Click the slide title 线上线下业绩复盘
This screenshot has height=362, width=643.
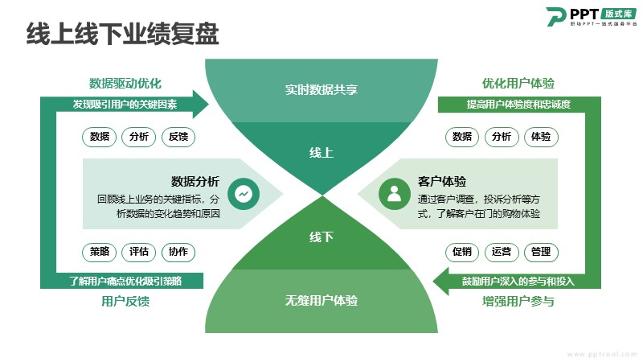(x=123, y=34)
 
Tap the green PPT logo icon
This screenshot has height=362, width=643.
(x=555, y=17)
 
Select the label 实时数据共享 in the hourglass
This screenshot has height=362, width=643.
(x=321, y=89)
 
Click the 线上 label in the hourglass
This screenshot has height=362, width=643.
(x=321, y=153)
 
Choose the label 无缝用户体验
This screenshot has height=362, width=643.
(x=321, y=301)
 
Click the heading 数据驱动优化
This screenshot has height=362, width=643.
(x=125, y=84)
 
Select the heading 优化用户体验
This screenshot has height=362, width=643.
(x=518, y=84)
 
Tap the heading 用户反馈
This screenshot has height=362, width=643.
(x=125, y=302)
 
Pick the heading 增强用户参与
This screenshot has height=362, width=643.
(x=518, y=302)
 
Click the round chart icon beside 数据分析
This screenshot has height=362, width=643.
(x=243, y=193)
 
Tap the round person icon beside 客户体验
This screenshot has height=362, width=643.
(x=394, y=193)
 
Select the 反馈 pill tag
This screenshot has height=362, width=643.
(x=178, y=137)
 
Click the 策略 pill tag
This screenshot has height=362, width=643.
(x=100, y=252)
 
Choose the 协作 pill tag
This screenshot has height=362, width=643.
(x=178, y=252)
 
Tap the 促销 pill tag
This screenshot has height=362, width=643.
(x=462, y=252)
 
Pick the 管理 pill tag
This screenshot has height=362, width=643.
(x=541, y=252)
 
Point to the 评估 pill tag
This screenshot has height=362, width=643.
(x=139, y=252)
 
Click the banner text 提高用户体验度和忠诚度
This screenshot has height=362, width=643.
(x=518, y=105)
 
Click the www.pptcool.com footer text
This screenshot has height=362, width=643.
(x=599, y=353)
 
